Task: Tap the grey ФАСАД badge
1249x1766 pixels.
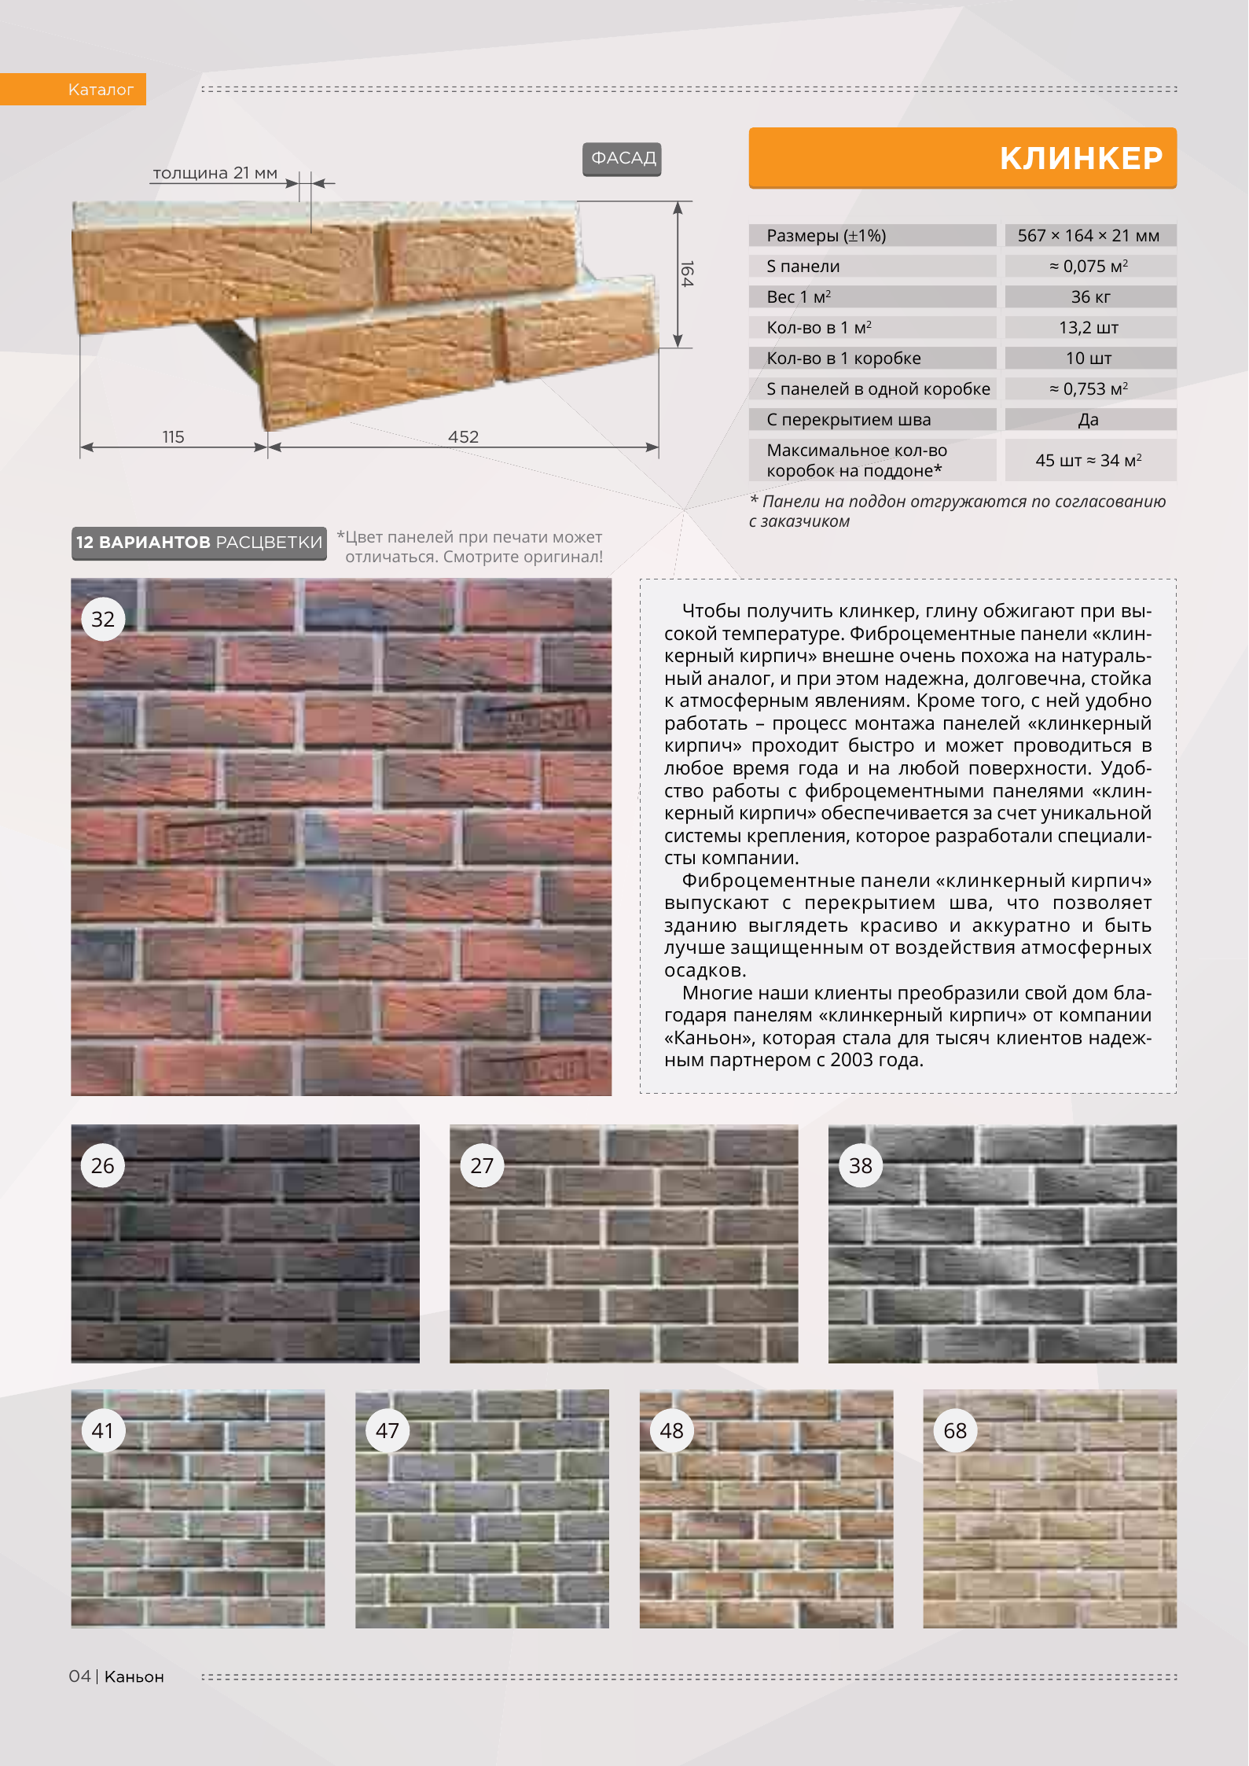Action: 623,159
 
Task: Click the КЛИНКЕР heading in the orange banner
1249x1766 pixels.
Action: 1080,159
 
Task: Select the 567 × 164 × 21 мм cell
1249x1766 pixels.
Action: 1089,235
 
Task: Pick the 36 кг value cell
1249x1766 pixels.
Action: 1089,296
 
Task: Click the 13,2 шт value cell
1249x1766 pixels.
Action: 1089,327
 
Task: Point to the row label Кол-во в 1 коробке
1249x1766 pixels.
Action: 843,358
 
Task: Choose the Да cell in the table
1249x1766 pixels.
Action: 1089,419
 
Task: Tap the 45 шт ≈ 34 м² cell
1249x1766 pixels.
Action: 1089,460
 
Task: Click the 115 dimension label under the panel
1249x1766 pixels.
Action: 173,436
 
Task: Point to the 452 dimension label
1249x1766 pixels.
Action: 463,436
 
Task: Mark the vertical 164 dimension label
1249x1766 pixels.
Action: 686,274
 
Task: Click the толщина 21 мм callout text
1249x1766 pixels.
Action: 215,173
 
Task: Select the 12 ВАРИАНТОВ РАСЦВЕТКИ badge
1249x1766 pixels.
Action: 199,543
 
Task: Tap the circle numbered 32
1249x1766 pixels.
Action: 103,620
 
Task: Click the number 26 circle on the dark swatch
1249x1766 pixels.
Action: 103,1165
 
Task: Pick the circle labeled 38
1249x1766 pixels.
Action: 861,1165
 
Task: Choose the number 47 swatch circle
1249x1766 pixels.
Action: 387,1430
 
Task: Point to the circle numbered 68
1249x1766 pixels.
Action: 955,1430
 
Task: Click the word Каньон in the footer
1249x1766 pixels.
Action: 134,1676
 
